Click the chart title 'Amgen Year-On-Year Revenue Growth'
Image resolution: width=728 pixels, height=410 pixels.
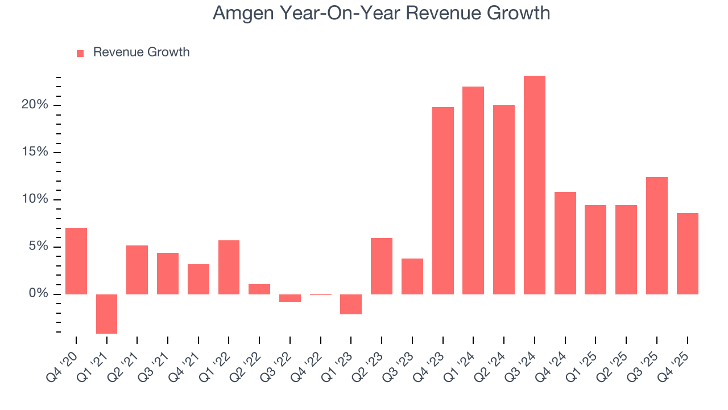pyautogui.click(x=381, y=13)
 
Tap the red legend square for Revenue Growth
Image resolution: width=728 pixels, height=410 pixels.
pyautogui.click(x=80, y=53)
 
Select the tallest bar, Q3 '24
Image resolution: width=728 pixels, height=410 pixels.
pyautogui.click(x=535, y=185)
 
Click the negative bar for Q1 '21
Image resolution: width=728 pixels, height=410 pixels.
pyautogui.click(x=106, y=314)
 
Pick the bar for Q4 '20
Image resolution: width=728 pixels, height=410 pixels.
pyautogui.click(x=76, y=261)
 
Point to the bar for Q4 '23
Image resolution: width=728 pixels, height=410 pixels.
pyautogui.click(x=443, y=200)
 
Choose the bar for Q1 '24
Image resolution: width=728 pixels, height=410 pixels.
pyautogui.click(x=473, y=190)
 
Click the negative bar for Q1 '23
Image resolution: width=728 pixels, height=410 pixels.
pyautogui.click(x=351, y=304)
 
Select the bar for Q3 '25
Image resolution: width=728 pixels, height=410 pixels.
pyautogui.click(x=657, y=236)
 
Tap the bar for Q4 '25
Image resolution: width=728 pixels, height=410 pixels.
pyautogui.click(x=688, y=253)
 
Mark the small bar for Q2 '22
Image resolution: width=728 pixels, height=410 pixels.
pyautogui.click(x=259, y=289)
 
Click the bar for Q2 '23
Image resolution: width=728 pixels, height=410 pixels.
pyautogui.click(x=382, y=266)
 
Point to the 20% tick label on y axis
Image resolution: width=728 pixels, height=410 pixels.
pyautogui.click(x=36, y=105)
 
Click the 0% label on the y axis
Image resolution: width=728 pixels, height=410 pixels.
pyautogui.click(x=39, y=294)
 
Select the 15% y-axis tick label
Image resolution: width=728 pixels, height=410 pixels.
pyautogui.click(x=36, y=152)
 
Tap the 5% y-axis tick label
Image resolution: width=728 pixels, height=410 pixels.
pyautogui.click(x=39, y=247)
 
